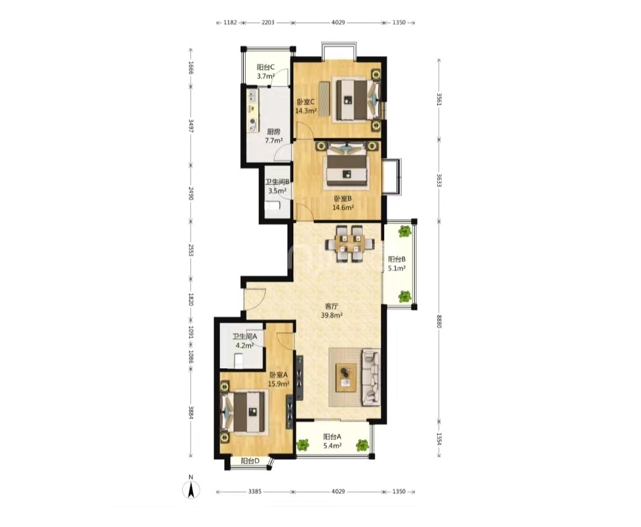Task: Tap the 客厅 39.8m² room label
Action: tap(332, 310)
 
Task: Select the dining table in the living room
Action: tap(350, 244)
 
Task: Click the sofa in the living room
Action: tap(371, 377)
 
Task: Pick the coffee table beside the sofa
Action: tap(346, 378)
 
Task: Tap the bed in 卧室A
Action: tap(243, 412)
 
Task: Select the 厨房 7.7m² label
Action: tap(274, 136)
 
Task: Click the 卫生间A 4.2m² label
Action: tap(245, 341)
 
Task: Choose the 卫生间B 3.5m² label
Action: tap(277, 186)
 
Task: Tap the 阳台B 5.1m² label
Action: tap(396, 263)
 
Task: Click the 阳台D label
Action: tap(250, 461)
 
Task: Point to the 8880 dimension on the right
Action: tap(439, 321)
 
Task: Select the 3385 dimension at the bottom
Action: tap(254, 491)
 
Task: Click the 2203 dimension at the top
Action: tap(268, 22)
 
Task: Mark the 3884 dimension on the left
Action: tap(190, 412)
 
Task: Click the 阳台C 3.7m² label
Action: tap(266, 72)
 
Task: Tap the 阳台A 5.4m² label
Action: tap(332, 441)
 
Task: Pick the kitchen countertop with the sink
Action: tap(252, 110)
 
